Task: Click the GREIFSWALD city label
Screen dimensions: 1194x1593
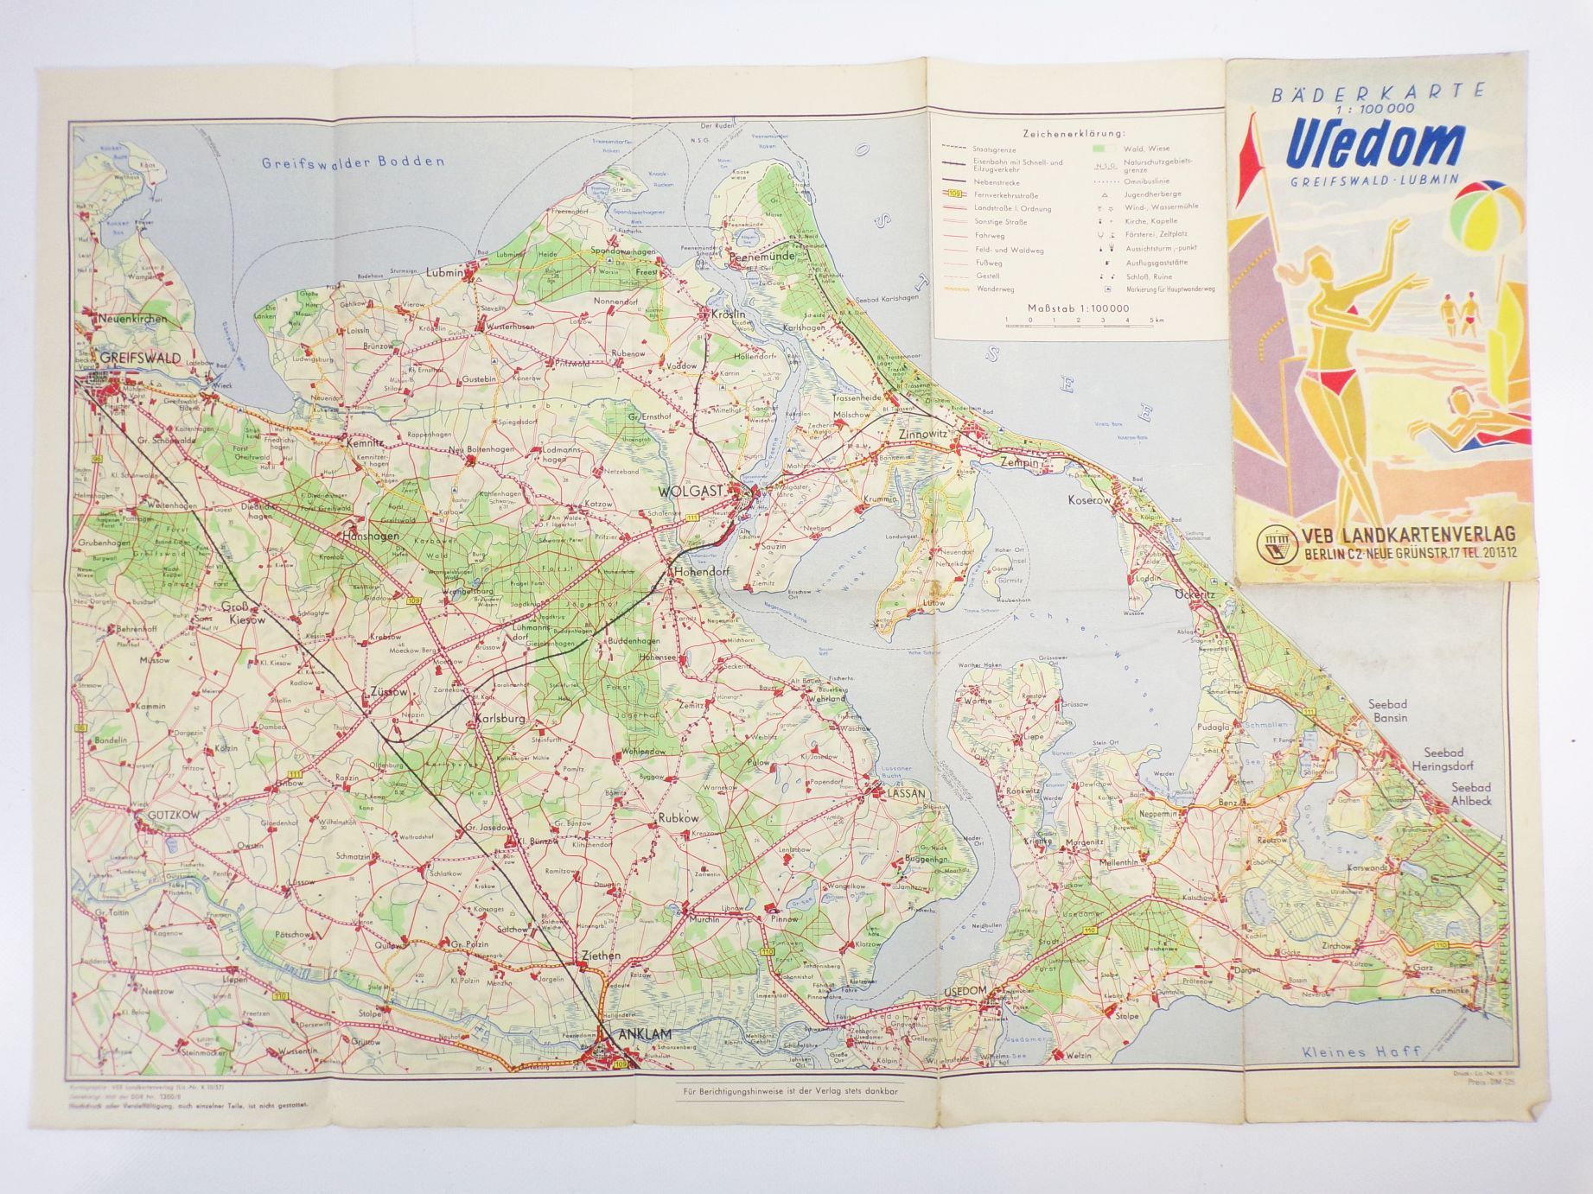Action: (139, 357)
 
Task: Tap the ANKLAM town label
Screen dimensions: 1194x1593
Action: (640, 1033)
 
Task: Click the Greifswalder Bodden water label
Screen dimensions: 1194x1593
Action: (354, 162)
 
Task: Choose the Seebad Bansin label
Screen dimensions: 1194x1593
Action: (1388, 711)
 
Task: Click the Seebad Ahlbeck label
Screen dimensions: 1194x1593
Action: (1470, 794)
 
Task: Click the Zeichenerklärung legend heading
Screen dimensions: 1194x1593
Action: (1074, 134)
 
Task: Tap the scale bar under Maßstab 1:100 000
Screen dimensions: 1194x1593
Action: (1077, 321)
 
